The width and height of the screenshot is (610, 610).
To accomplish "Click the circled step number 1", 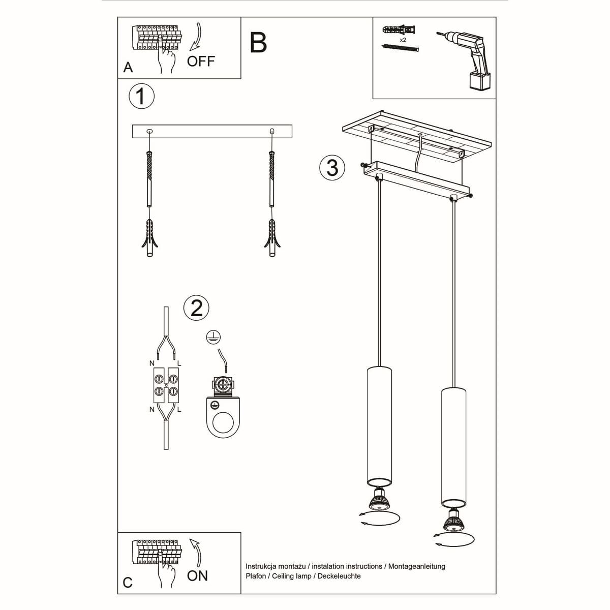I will [141, 96].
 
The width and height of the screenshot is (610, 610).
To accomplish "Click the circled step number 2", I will [196, 308].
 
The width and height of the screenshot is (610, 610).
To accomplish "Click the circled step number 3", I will [332, 167].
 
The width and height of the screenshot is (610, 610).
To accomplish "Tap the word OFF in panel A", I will [201, 62].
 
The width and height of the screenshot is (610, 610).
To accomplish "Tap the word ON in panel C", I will [197, 576].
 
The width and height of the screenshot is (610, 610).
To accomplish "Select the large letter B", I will [258, 43].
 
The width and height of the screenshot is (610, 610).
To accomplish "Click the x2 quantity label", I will [403, 39].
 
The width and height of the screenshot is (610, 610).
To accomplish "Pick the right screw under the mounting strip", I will [272, 178].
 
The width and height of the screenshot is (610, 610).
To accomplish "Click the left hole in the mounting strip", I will [149, 131].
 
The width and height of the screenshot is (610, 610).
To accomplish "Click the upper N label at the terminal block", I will [151, 363].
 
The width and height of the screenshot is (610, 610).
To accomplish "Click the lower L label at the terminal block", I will [180, 409].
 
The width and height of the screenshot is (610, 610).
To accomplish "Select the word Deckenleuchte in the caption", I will [339, 576].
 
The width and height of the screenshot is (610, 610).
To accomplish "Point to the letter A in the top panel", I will [128, 68].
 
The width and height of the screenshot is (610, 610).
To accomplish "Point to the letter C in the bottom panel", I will [128, 583].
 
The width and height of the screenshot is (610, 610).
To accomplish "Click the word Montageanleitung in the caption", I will [416, 566].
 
